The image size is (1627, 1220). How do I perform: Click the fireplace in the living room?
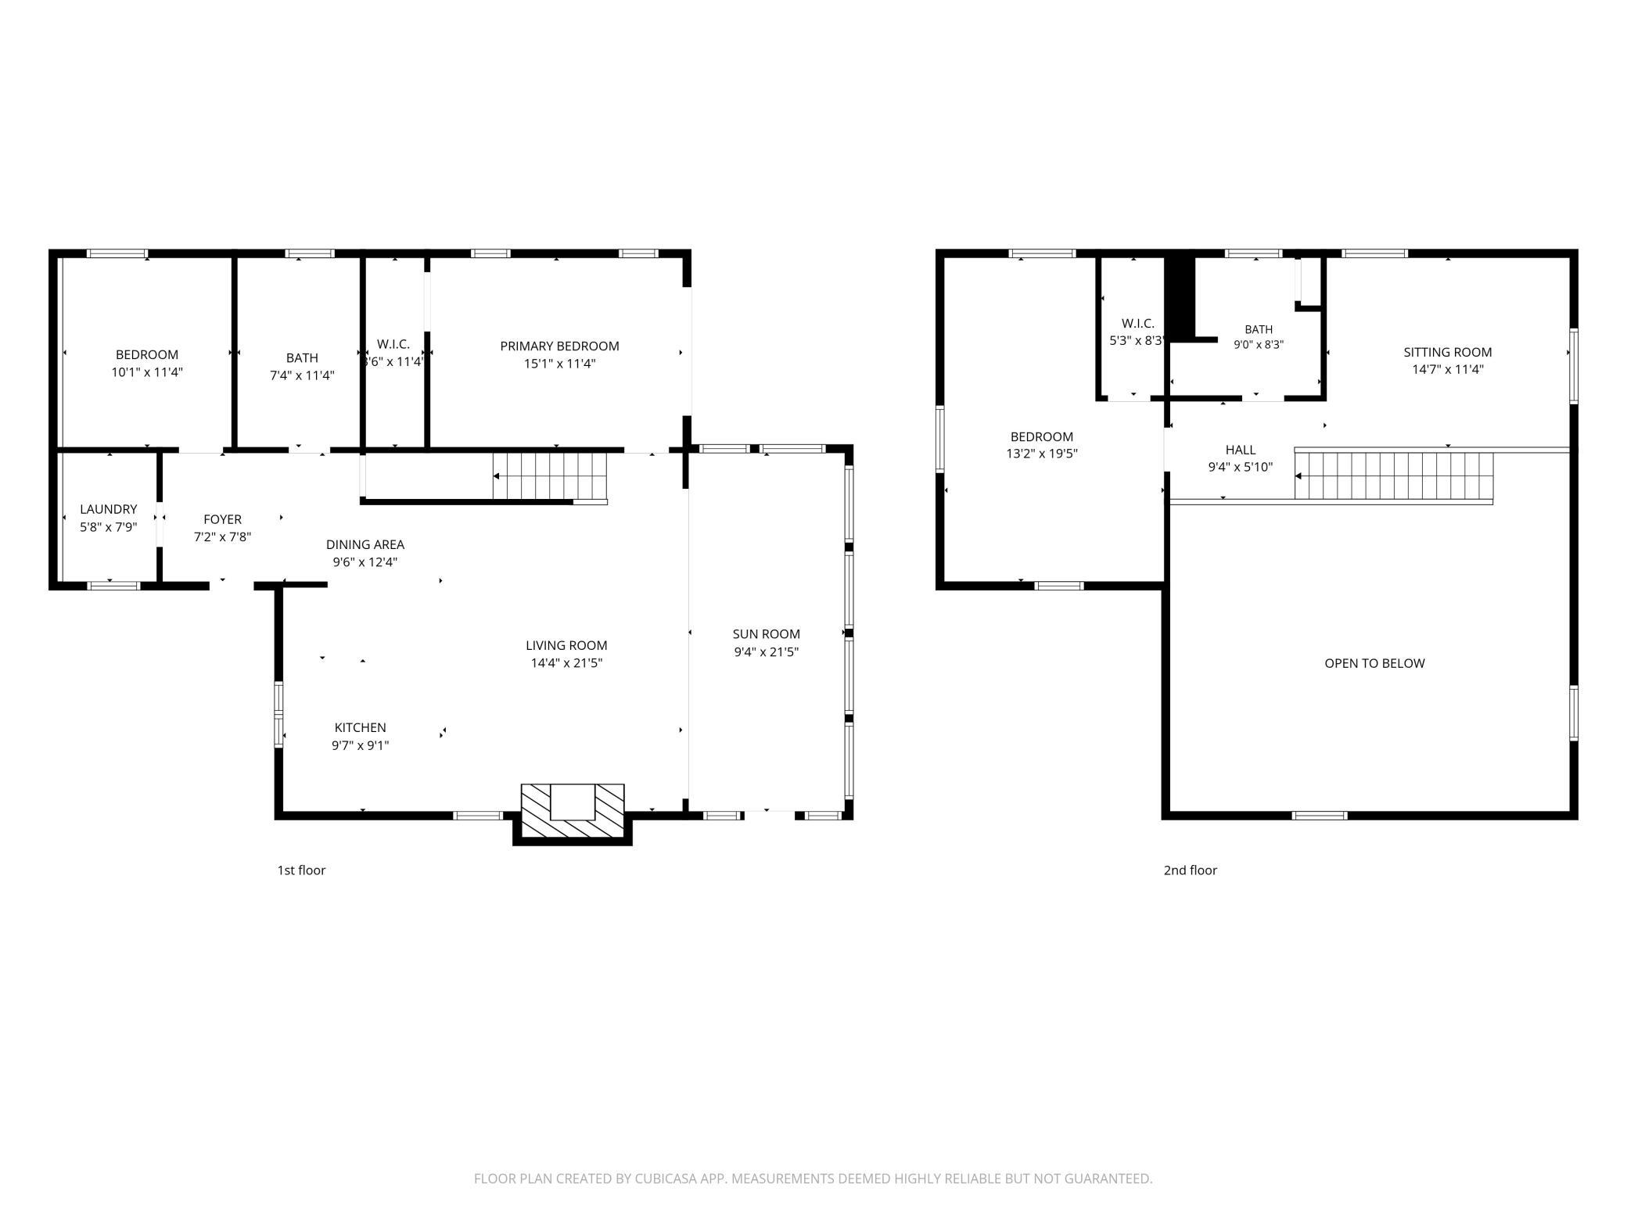point(573,813)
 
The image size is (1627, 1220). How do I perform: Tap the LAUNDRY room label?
point(109,509)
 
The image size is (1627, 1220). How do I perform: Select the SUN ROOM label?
point(767,634)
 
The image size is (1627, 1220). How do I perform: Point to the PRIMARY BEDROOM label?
point(560,346)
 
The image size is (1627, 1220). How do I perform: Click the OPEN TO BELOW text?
point(1374,663)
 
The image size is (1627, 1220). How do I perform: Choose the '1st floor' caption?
point(301,870)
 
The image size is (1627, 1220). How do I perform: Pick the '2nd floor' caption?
point(1191,870)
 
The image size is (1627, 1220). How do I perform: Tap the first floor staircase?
point(550,476)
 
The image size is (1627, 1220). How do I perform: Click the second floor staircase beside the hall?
point(1394,475)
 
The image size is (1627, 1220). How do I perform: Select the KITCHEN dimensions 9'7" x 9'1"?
point(361,745)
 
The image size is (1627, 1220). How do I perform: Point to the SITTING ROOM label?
point(1448,352)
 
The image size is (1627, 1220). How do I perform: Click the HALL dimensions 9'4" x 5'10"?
point(1241,468)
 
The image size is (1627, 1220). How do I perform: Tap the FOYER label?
point(223,519)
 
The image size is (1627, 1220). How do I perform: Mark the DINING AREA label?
point(365,544)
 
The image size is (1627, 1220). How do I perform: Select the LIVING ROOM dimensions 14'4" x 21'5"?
point(566,663)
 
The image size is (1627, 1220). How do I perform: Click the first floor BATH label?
point(302,357)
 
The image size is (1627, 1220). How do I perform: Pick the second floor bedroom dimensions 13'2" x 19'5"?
point(1042,454)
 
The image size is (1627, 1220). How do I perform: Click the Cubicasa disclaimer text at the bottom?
point(813,1179)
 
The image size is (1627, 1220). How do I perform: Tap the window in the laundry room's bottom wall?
point(113,585)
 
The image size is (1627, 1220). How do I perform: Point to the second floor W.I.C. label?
point(1138,323)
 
